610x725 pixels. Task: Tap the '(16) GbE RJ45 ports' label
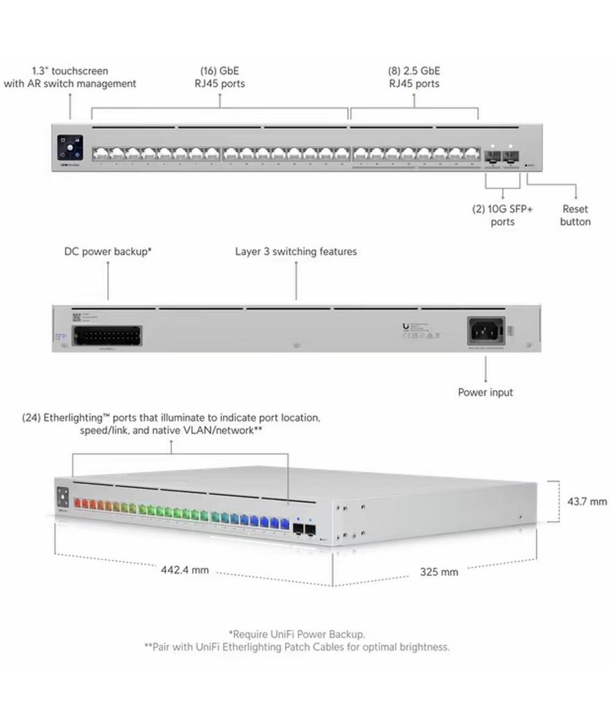click(220, 77)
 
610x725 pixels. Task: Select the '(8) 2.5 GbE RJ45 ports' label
click(414, 77)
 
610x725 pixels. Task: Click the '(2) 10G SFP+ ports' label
click(503, 215)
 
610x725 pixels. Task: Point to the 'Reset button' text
click(575, 215)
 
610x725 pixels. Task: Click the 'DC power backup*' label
click(108, 251)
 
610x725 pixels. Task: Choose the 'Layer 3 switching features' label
click(296, 251)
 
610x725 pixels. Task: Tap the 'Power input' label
click(486, 392)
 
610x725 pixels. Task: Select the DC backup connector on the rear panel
click(107, 336)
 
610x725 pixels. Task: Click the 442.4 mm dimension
click(185, 570)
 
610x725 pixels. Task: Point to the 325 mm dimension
click(439, 572)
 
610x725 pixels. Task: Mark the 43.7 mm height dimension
click(587, 502)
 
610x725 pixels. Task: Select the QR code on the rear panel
click(77, 316)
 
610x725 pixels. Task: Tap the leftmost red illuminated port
click(77, 504)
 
